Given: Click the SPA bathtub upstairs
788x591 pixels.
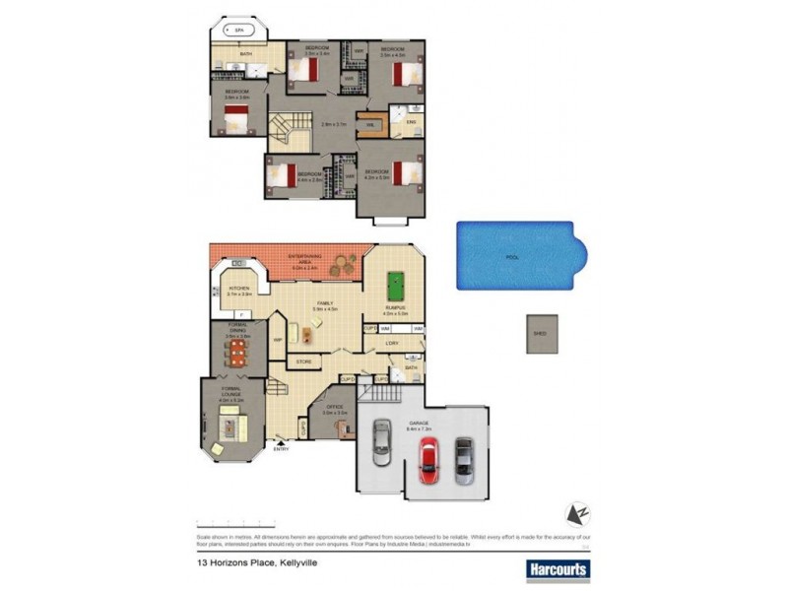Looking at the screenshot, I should [237, 32].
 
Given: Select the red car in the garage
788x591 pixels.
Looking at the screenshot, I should [427, 460].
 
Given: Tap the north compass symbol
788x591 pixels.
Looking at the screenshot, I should [575, 514].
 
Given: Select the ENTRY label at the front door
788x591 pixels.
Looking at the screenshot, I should [283, 450].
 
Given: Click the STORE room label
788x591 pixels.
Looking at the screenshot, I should [304, 362].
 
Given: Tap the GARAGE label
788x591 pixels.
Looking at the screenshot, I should [417, 424].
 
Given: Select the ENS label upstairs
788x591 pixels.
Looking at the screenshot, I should [411, 122].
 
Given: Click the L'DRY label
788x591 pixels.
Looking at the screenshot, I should [391, 344].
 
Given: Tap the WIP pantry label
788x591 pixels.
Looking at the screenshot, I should [279, 340].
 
